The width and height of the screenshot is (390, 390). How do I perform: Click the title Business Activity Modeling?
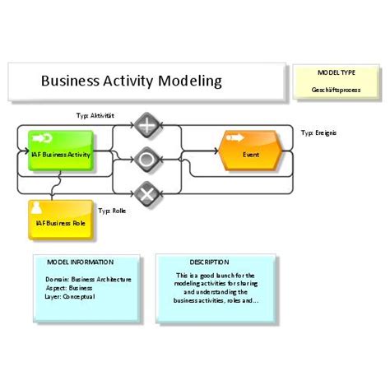coord(132,81)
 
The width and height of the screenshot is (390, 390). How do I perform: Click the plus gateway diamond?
coord(146,126)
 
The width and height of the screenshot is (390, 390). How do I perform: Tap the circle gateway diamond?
coord(146,157)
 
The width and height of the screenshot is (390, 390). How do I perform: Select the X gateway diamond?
coord(146,194)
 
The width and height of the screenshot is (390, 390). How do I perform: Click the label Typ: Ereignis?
coord(319,132)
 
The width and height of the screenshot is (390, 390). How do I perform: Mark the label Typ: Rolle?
coord(112,211)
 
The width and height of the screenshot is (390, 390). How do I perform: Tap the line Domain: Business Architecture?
coord(88,279)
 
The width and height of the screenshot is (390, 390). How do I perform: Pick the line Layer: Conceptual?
coord(71,296)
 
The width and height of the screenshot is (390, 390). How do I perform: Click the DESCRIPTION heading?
coord(208,262)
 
